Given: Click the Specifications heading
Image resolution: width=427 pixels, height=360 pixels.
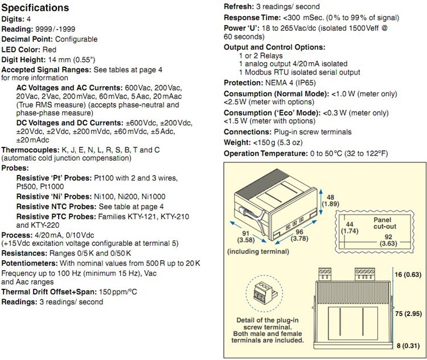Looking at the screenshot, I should (38, 9).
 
